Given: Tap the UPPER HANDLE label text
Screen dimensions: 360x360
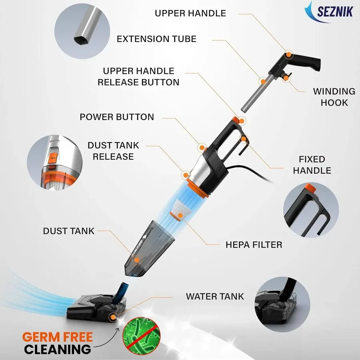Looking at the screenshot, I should pyautogui.click(x=190, y=13).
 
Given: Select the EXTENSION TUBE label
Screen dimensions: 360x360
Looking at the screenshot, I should pyautogui.click(x=156, y=39).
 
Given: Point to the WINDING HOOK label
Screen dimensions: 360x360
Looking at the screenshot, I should pyautogui.click(x=334, y=97).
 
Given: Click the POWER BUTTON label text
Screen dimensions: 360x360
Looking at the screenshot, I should pyautogui.click(x=117, y=117).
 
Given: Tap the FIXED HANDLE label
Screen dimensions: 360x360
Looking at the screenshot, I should pyautogui.click(x=312, y=165).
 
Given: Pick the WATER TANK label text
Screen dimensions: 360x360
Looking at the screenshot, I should pyautogui.click(x=215, y=296).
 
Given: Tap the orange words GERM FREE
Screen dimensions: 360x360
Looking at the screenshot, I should pyautogui.click(x=57, y=336).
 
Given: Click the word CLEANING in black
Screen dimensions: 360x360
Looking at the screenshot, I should pyautogui.click(x=57, y=349).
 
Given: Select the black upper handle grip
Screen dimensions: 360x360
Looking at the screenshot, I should pyautogui.click(x=308, y=62).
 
